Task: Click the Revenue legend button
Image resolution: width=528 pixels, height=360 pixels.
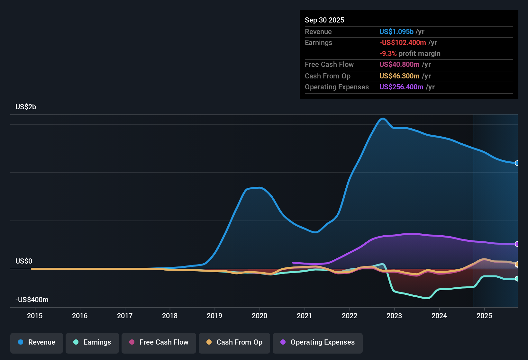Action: [37, 342]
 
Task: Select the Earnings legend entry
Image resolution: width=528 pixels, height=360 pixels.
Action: [92, 342]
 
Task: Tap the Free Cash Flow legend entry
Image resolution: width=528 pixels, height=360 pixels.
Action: [159, 342]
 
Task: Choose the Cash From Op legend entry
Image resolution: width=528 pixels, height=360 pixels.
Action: [234, 342]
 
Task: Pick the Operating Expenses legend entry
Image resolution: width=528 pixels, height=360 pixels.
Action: [318, 342]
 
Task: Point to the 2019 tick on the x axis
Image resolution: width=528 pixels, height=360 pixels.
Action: [214, 316]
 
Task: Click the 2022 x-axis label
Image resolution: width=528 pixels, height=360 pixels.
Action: [350, 316]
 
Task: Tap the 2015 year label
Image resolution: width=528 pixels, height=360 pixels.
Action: [35, 316]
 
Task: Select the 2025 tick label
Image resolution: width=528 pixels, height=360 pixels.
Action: [484, 316]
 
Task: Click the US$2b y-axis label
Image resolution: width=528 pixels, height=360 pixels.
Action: [26, 107]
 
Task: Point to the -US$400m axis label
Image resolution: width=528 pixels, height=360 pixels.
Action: [32, 300]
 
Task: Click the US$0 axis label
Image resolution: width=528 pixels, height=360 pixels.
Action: [24, 261]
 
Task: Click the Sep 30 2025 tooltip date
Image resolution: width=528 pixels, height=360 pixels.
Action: [324, 20]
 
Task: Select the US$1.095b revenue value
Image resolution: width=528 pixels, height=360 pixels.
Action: [396, 32]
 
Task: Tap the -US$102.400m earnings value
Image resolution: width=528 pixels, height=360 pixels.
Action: [403, 43]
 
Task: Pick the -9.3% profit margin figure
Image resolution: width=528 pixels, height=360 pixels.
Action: [388, 54]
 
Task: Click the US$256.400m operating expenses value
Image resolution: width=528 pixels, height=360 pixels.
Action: [401, 87]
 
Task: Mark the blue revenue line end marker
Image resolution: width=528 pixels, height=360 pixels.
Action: [517, 163]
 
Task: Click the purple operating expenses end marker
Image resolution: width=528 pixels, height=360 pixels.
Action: [517, 244]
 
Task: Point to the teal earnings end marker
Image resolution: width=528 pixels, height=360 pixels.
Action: [517, 279]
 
